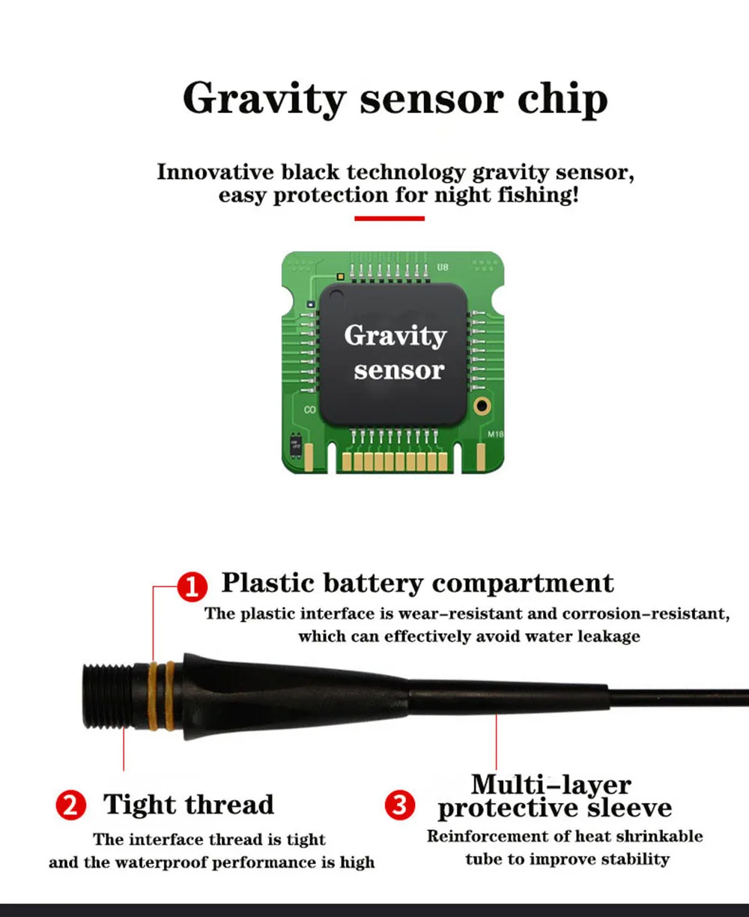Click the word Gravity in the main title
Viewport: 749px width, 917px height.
[x=264, y=100]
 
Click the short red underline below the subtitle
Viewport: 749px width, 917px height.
[x=389, y=218]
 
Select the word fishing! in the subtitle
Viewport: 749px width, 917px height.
[x=539, y=195]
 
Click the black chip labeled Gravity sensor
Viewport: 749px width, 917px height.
[x=393, y=354]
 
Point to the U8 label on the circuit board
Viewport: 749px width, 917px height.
[x=443, y=267]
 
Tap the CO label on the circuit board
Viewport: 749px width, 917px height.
[x=309, y=410]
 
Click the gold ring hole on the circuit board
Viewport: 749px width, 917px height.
[x=482, y=405]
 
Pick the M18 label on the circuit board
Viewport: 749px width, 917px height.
[x=496, y=434]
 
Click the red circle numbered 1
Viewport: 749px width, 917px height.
[x=192, y=587]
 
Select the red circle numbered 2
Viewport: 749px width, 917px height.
[x=71, y=805]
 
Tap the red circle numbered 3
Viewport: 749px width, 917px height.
[x=399, y=805]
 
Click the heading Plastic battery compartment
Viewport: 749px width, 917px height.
[x=418, y=582]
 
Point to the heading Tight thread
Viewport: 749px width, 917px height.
[x=189, y=804]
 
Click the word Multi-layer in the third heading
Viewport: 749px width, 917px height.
[x=551, y=785]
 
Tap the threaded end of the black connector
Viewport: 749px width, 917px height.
[x=108, y=696]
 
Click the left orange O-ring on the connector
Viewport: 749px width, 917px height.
[x=153, y=696]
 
